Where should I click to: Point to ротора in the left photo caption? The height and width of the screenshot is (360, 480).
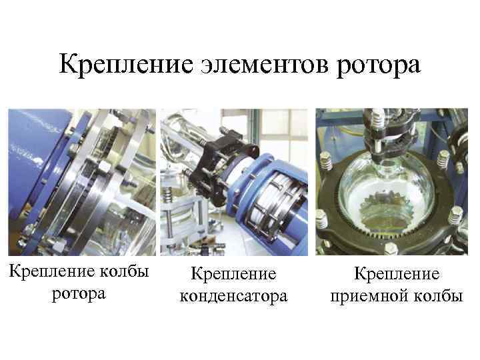(78, 293)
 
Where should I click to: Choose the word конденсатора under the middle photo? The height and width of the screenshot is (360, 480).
(233, 294)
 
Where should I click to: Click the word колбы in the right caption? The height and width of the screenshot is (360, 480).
(435, 294)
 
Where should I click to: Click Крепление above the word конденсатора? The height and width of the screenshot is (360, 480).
(233, 273)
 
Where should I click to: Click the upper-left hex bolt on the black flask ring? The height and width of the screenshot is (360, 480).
(326, 161)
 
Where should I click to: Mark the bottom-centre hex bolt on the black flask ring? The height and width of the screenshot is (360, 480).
(390, 248)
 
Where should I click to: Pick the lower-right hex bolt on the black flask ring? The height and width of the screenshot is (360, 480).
(455, 216)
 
